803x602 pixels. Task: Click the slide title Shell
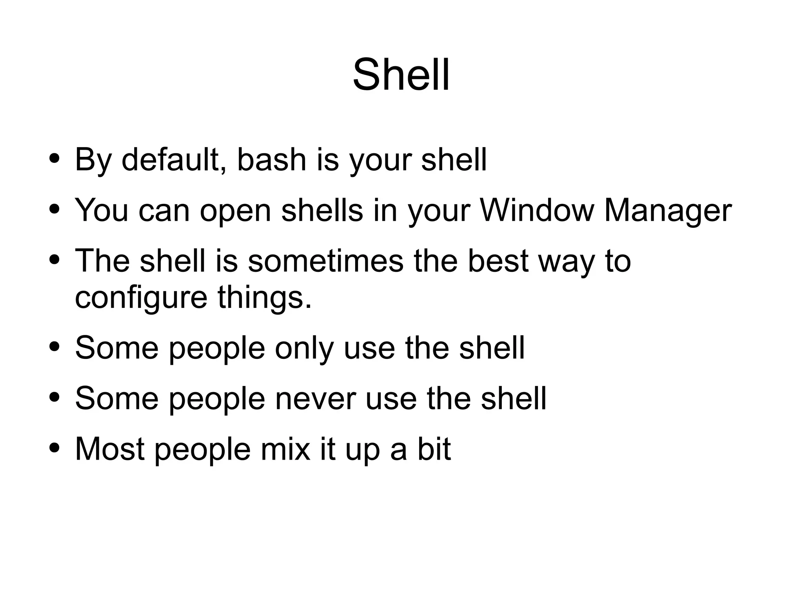[401, 75]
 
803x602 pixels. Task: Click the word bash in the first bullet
[271, 160]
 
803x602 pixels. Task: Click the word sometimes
[325, 261]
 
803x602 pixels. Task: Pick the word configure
[141, 298]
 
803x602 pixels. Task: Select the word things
[264, 298]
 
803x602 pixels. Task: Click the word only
[304, 348]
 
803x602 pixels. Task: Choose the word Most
[109, 449]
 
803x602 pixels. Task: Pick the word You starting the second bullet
[102, 210]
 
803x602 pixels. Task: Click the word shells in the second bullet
[322, 210]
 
